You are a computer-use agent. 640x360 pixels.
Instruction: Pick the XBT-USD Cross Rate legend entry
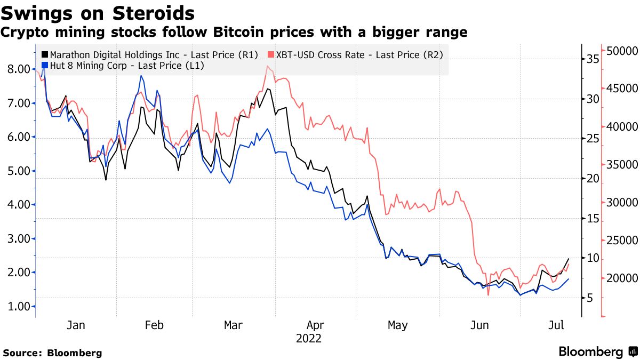(x=356, y=54)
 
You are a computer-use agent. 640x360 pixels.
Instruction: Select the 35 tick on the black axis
(x=593, y=59)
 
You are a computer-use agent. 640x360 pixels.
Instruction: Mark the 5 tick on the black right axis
(x=590, y=298)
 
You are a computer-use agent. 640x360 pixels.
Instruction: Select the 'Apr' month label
(x=315, y=325)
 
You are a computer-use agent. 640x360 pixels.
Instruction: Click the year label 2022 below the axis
(x=309, y=338)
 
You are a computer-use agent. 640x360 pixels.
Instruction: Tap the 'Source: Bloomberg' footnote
(x=52, y=353)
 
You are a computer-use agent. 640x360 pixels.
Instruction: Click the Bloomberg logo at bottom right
(x=597, y=352)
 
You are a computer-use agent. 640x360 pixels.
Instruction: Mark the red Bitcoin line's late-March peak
(x=267, y=66)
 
